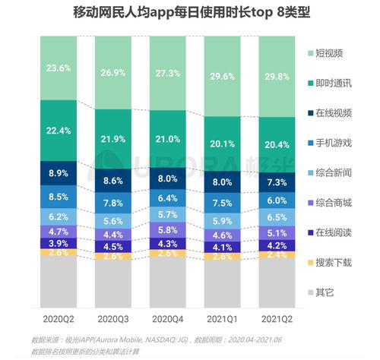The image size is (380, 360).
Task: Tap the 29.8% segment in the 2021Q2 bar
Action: click(277, 76)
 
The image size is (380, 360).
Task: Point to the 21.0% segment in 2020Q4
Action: click(169, 139)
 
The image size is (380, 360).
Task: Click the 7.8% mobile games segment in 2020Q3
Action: click(114, 203)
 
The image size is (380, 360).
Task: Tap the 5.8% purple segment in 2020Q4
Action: click(169, 229)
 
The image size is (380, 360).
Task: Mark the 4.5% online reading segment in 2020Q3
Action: click(114, 246)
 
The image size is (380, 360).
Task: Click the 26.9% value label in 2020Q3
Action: click(114, 74)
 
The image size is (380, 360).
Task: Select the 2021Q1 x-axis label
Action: click(223, 320)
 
